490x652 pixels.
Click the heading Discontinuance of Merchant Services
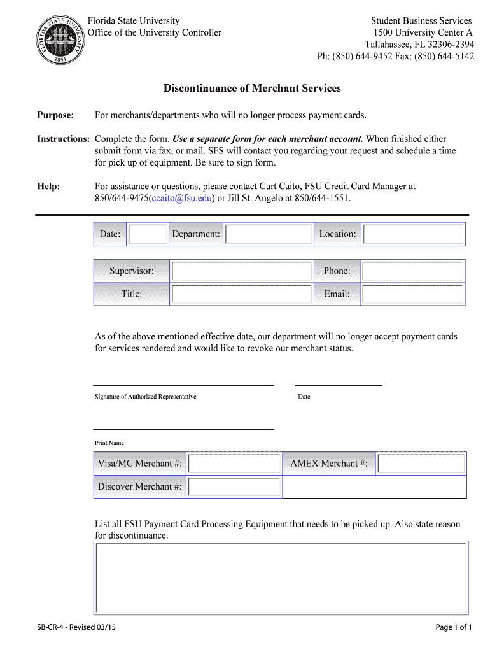click(x=252, y=89)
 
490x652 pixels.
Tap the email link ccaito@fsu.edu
click(x=181, y=198)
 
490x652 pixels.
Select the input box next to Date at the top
click(x=148, y=234)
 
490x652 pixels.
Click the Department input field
click(x=269, y=234)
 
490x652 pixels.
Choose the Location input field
click(x=413, y=234)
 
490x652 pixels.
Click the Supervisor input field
click(x=242, y=271)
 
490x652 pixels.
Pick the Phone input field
click(x=413, y=271)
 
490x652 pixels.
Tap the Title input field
click(x=242, y=294)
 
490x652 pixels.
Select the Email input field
click(x=413, y=294)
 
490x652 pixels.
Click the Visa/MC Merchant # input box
click(x=235, y=464)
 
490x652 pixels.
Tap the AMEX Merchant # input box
click(x=421, y=464)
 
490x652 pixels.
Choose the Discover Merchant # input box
click(x=235, y=487)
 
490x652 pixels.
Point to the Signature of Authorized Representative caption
click(x=146, y=397)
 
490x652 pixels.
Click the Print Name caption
click(x=109, y=443)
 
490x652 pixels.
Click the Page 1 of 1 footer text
click(x=454, y=628)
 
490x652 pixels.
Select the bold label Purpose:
click(x=56, y=115)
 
